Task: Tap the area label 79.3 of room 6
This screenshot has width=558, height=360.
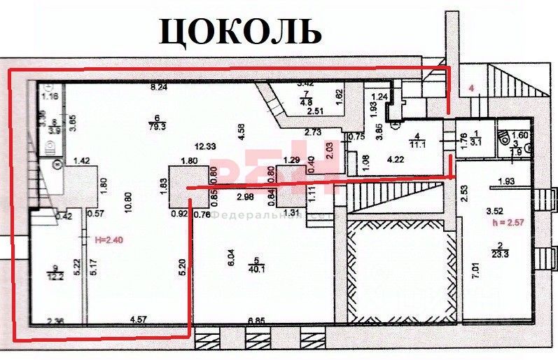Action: [x=158, y=127]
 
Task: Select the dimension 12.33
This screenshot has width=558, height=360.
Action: [x=204, y=146]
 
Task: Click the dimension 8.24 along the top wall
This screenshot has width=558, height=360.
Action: [x=159, y=88]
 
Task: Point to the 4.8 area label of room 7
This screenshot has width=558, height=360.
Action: [x=305, y=102]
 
